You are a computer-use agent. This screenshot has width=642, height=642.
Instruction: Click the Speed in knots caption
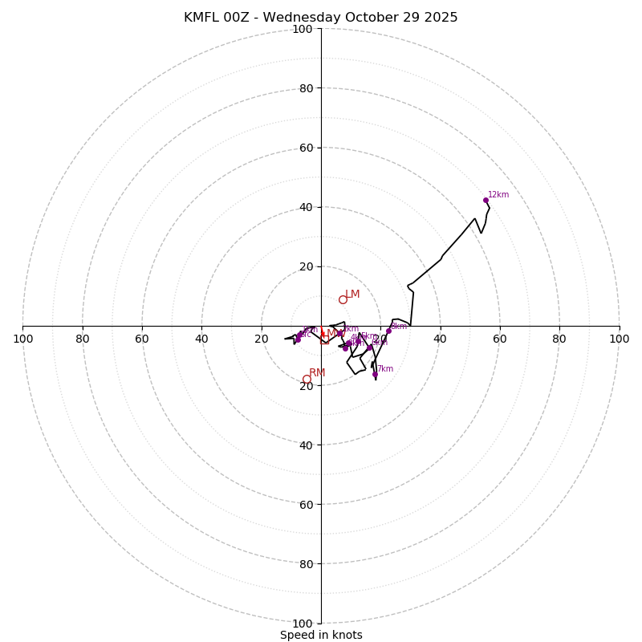click(x=321, y=635)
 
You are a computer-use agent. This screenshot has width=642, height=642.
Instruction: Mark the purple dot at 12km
click(x=486, y=200)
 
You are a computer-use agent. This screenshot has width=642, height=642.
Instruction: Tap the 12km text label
click(x=498, y=195)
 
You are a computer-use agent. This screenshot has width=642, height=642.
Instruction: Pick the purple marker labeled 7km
click(x=375, y=374)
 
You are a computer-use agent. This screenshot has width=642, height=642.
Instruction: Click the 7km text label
click(x=385, y=369)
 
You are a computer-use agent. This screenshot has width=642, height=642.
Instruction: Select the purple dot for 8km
click(x=388, y=331)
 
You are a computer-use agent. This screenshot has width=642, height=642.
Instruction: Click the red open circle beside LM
click(x=343, y=300)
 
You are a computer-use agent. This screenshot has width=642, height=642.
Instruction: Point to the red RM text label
click(x=317, y=373)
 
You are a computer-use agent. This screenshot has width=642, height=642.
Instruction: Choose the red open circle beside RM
click(x=307, y=380)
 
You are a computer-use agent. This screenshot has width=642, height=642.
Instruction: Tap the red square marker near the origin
click(x=324, y=340)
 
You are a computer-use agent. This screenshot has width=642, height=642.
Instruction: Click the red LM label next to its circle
click(x=352, y=295)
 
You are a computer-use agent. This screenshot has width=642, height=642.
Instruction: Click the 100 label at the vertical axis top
click(x=303, y=30)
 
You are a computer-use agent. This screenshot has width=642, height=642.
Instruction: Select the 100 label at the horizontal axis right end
click(x=619, y=339)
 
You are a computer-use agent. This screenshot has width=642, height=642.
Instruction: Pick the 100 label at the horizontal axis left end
click(x=23, y=339)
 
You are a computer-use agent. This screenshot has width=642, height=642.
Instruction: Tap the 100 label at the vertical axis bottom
click(x=303, y=624)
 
